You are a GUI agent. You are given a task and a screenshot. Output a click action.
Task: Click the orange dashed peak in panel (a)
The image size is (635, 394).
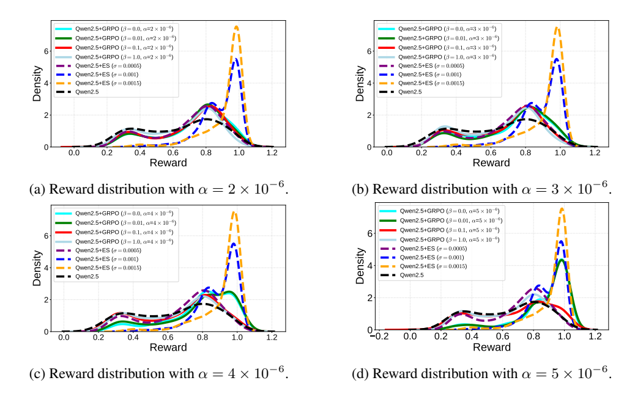coord(236,27)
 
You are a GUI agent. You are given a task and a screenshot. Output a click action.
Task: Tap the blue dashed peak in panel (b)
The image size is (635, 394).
coord(555,59)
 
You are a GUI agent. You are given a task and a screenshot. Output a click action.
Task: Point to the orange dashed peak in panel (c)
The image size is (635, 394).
coord(234,212)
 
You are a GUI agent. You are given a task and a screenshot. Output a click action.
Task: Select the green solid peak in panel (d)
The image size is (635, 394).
coord(562,260)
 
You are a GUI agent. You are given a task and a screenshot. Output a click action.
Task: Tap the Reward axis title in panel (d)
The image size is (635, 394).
coord(491,348)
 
